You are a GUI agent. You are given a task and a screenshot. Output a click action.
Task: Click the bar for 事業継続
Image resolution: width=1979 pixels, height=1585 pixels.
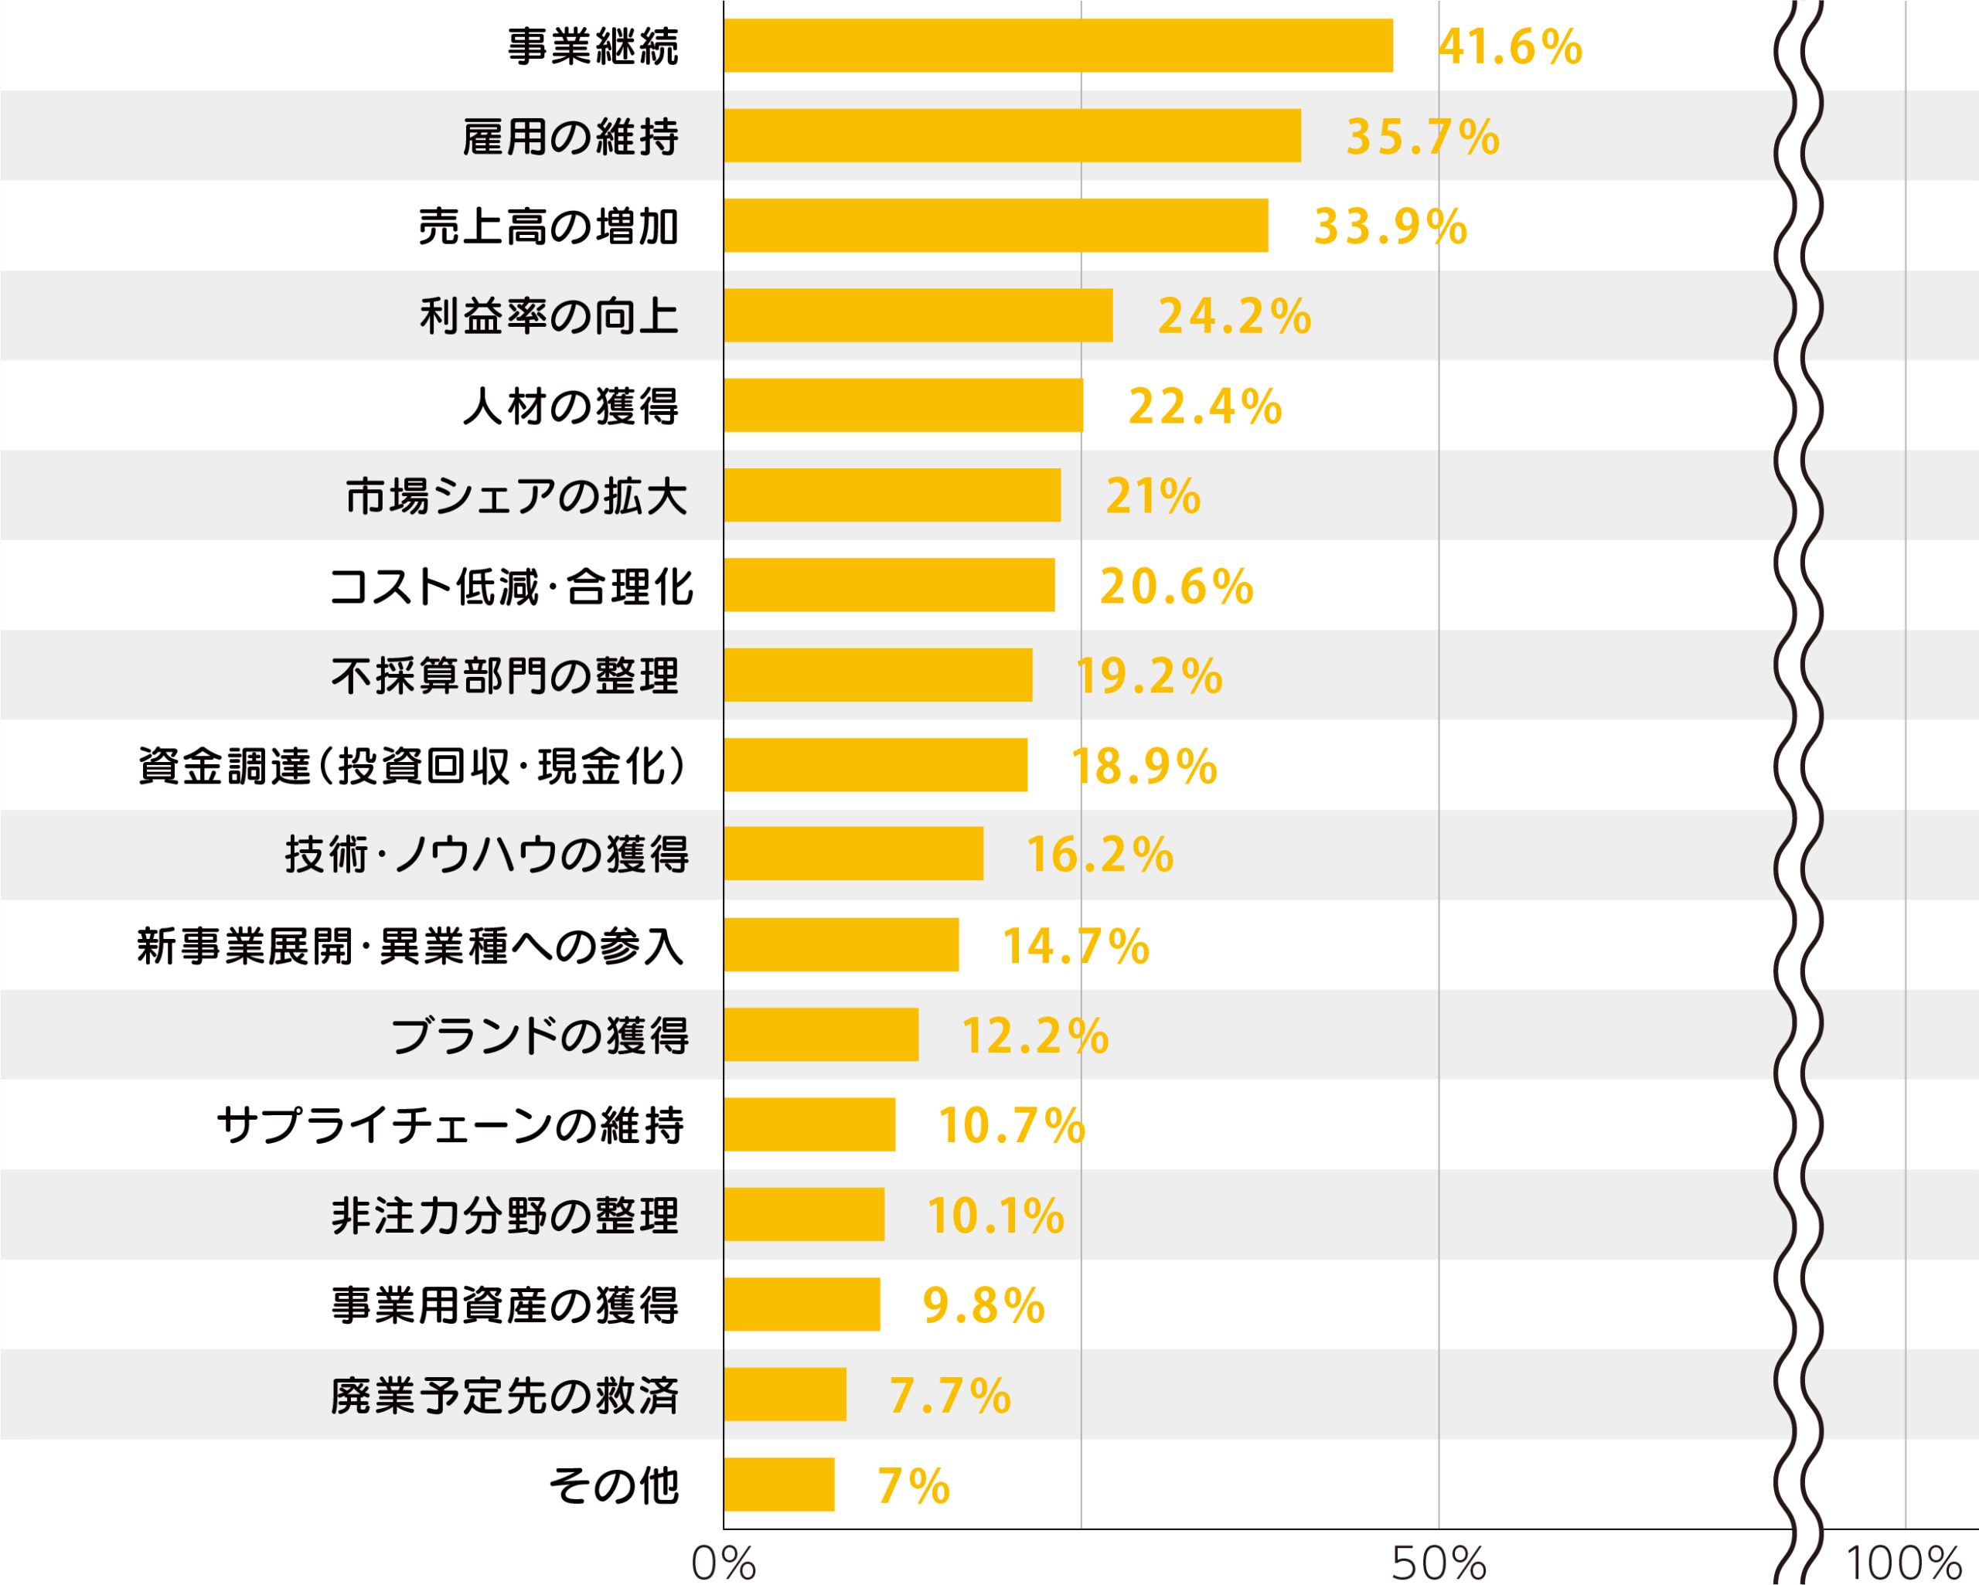coord(1058,45)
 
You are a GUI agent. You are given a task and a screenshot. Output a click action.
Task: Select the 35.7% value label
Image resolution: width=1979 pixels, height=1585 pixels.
coord(1422,137)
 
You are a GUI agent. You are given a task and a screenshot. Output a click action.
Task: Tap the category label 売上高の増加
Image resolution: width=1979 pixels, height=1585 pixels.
coord(548,226)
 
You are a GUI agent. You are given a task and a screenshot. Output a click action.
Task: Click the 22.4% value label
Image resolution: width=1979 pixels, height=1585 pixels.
coord(1204,406)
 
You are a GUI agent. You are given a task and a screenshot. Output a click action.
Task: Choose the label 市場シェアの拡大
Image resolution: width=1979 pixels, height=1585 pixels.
coord(516,495)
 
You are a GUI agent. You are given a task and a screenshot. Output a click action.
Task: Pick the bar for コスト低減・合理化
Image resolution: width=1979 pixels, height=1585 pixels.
coord(888,585)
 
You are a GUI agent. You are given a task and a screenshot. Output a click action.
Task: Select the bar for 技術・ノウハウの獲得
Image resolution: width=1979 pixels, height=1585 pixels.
coord(853,853)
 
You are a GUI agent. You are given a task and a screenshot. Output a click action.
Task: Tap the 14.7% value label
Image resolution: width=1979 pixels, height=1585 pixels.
coord(1075,945)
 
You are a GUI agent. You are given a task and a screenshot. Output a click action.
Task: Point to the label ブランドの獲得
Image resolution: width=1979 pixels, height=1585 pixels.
coord(540,1036)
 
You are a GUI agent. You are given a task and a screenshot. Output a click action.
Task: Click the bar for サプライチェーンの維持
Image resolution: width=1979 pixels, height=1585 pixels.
coord(809,1124)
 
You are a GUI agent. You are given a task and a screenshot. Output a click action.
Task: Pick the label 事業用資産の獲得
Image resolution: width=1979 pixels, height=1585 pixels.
coord(505,1304)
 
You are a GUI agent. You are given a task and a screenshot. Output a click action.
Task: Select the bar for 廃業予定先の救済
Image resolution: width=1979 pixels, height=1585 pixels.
coord(785,1394)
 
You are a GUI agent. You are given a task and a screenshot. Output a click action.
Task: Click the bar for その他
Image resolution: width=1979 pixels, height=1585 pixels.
coord(778,1484)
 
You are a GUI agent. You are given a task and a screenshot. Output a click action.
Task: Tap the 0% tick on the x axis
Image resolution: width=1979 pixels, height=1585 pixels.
coord(724,1562)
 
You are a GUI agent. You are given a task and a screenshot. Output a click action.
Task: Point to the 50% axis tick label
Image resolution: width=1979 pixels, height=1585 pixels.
coord(1439,1562)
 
